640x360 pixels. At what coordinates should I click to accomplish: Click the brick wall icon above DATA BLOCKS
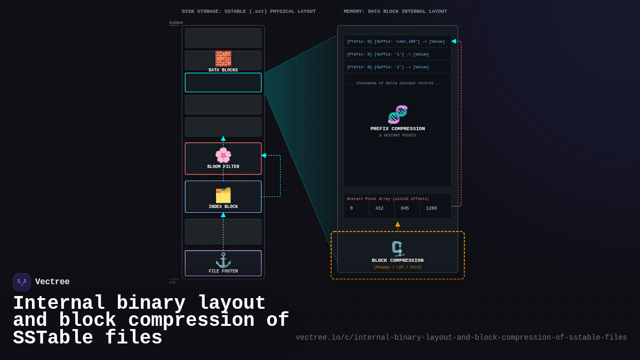pos(223,58)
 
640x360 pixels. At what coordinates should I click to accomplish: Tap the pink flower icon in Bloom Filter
pos(223,155)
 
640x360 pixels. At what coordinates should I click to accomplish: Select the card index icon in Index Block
pos(223,195)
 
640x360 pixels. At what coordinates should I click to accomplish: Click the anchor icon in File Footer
pos(223,260)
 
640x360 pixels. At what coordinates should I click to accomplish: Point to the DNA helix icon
pos(397,114)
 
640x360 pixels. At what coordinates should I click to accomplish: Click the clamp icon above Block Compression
pos(397,249)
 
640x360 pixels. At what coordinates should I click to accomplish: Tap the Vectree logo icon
pos(22,282)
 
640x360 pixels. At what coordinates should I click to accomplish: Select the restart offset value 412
pos(379,209)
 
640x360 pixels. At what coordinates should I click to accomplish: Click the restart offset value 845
pos(405,209)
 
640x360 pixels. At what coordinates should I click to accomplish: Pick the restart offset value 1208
pos(431,209)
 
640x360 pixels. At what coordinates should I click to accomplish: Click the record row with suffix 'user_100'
pos(396,41)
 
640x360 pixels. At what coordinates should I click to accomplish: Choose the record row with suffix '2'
pos(388,67)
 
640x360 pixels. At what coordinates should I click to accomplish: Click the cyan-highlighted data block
pos(223,83)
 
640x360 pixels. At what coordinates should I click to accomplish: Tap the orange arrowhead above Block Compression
pos(397,225)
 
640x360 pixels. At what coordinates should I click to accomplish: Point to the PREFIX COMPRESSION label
pos(397,129)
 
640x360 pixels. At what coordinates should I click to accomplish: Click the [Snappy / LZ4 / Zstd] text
pos(397,267)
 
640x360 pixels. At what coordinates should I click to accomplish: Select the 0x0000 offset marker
pos(176,23)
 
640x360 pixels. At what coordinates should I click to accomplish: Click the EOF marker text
pos(173,282)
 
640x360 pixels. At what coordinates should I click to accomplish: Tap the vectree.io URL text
pos(461,338)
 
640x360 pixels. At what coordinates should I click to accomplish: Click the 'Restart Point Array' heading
pos(388,199)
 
